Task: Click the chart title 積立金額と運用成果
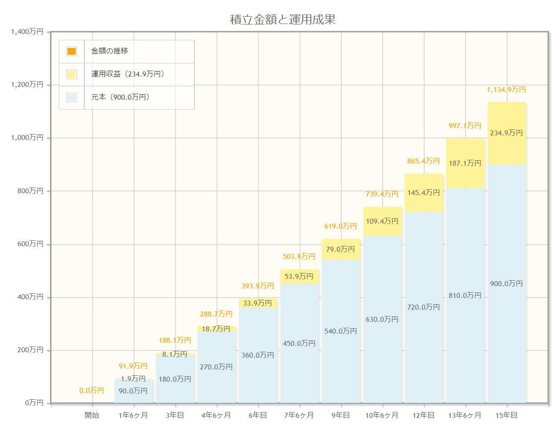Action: pyautogui.click(x=283, y=19)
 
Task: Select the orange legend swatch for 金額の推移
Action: pyautogui.click(x=72, y=51)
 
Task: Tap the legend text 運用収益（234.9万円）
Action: pyautogui.click(x=127, y=74)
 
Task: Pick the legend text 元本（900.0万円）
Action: pyautogui.click(x=120, y=97)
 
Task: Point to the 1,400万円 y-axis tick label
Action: pyautogui.click(x=27, y=32)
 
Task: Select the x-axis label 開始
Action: pyautogui.click(x=92, y=415)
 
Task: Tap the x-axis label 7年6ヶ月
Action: pyautogui.click(x=299, y=415)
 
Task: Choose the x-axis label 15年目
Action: pyautogui.click(x=507, y=415)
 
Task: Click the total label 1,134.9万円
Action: pyautogui.click(x=507, y=90)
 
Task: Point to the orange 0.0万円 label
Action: pyautogui.click(x=92, y=390)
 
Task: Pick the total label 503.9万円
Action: pyautogui.click(x=299, y=257)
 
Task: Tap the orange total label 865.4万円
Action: pyautogui.click(x=424, y=161)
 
